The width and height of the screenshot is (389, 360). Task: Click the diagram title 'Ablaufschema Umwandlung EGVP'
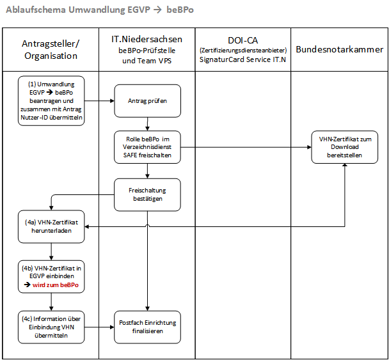coord(78,10)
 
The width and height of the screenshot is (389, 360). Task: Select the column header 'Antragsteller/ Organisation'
coord(51,50)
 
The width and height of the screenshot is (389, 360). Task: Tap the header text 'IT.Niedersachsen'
coord(147,39)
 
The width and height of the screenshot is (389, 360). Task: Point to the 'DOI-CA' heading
coord(243,40)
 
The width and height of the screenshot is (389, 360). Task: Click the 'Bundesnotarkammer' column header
coord(339,49)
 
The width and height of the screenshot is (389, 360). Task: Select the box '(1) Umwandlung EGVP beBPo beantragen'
coord(51,100)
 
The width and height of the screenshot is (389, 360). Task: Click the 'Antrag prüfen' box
coord(147,100)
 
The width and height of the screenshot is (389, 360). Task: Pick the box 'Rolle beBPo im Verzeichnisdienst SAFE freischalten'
coord(147,147)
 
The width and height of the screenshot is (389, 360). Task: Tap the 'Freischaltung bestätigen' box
coord(147,194)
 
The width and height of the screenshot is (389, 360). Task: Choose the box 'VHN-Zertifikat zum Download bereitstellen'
coord(345,147)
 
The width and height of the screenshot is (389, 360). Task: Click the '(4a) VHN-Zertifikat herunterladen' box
coord(51,226)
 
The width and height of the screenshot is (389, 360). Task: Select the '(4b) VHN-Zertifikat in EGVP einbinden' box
coord(51,276)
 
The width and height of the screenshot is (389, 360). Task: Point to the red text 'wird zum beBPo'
coord(55,285)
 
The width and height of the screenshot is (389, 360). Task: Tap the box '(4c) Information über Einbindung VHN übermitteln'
coord(51,327)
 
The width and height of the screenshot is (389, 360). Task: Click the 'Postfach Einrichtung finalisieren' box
coord(147,327)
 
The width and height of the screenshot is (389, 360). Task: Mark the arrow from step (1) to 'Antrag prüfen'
coord(99,100)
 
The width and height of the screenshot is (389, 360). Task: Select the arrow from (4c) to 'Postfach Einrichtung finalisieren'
coord(99,327)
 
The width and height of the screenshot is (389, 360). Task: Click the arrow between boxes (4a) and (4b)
coord(51,251)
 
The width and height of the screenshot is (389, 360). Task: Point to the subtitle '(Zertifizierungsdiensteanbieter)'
coord(243,51)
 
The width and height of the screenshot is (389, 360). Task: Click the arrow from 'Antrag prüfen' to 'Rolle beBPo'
coord(147,124)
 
